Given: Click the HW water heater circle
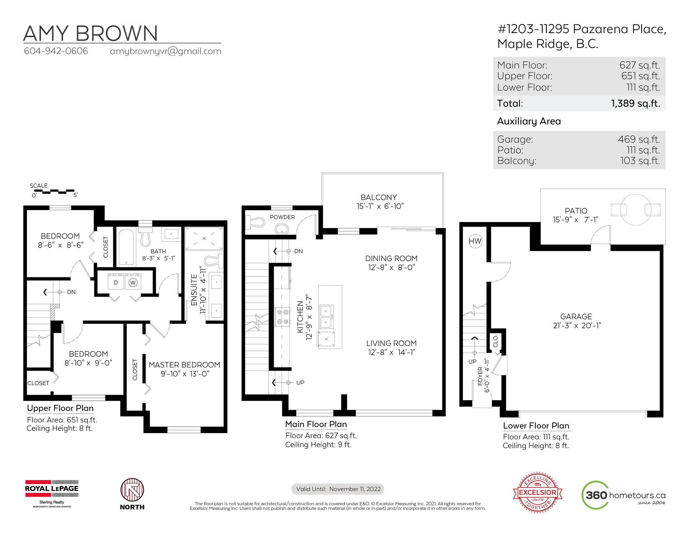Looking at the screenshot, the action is click(x=475, y=241).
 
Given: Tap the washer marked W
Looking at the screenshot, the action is click(x=133, y=282).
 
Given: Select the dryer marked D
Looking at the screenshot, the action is click(x=116, y=282).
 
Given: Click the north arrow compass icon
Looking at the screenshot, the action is click(x=132, y=490).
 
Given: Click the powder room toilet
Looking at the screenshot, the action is click(x=255, y=222).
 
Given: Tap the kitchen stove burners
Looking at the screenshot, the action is click(x=282, y=317).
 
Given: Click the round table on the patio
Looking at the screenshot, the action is click(x=636, y=209).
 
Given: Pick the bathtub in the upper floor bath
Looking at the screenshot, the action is click(x=126, y=247).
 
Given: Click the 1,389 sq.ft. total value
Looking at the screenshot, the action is click(x=636, y=103).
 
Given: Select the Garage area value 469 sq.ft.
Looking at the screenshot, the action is click(x=639, y=139).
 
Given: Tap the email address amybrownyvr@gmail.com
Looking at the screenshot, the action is click(x=166, y=51).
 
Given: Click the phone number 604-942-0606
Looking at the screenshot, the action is click(x=56, y=51).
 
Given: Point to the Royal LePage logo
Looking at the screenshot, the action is click(x=52, y=493).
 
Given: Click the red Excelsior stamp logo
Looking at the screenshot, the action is click(x=538, y=492).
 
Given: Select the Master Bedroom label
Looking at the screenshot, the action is click(x=184, y=365).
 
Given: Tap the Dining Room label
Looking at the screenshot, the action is click(x=392, y=259).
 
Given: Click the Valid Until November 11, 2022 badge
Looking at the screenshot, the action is click(x=338, y=489).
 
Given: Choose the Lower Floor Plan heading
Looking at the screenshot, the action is click(x=536, y=426).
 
